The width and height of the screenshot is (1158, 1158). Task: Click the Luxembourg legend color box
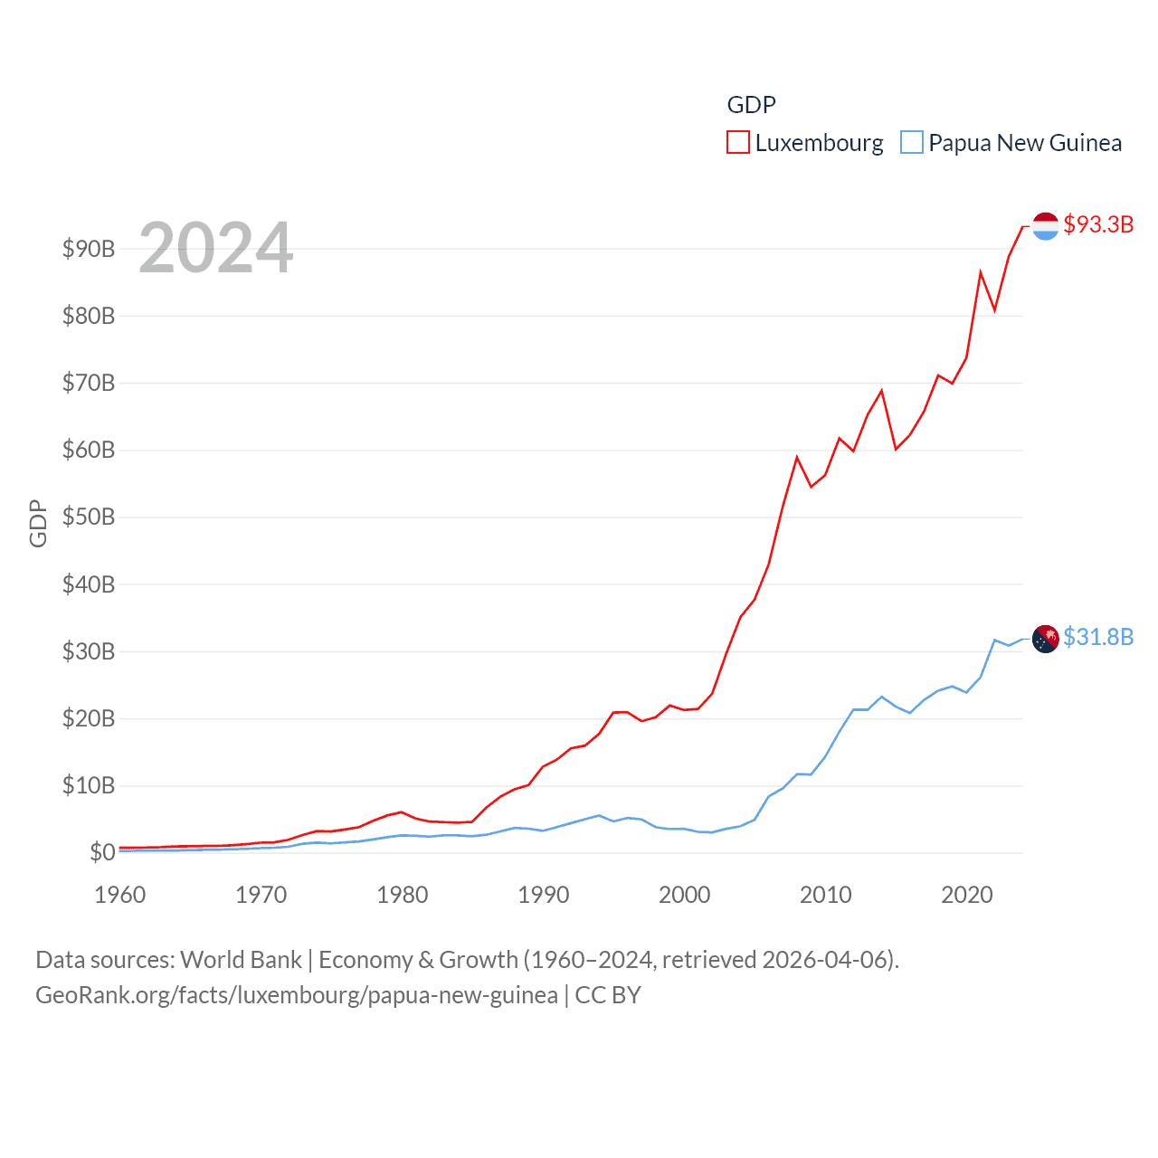point(738,143)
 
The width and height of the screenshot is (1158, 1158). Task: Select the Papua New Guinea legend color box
point(912,143)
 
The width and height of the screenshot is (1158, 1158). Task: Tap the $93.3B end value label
point(1098,224)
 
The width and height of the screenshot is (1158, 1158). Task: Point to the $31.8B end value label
point(1098,637)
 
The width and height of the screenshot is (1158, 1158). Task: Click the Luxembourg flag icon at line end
point(1045,226)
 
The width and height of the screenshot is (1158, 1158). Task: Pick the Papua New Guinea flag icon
point(1045,639)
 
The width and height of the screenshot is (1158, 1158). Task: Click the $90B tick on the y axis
point(89,249)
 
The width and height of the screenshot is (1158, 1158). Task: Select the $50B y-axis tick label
point(89,517)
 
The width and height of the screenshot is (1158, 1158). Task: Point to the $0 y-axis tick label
point(102,852)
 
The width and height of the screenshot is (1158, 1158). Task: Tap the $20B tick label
point(89,718)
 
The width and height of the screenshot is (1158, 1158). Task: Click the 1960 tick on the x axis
point(120,895)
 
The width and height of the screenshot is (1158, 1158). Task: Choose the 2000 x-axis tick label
point(685,895)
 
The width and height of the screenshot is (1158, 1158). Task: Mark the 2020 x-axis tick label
point(967,895)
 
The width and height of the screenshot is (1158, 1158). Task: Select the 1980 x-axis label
point(403,895)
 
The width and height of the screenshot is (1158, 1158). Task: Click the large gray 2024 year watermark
point(216,247)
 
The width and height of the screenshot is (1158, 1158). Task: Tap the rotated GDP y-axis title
point(38,523)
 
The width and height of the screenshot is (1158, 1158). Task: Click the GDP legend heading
point(751,105)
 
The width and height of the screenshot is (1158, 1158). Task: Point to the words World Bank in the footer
point(242,959)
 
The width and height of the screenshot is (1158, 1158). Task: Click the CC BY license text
point(608,995)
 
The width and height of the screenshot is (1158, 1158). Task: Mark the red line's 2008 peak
point(797,458)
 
